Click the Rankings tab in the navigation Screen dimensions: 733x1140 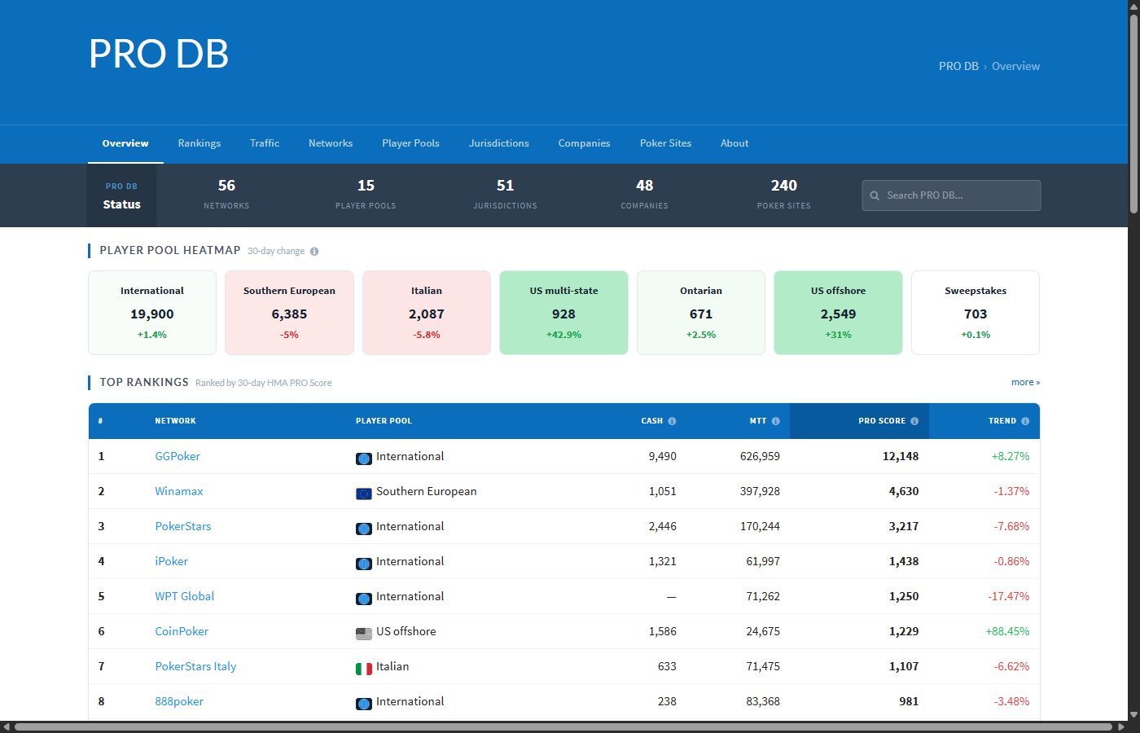199,143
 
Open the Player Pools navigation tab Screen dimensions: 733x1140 410,143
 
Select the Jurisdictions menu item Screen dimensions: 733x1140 498,143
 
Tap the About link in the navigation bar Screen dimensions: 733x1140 734,143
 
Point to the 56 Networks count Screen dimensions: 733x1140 226,187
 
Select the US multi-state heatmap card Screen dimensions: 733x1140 563,313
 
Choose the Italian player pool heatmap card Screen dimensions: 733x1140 426,313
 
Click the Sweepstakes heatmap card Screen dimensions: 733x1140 975,313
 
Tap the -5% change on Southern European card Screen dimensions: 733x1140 289,335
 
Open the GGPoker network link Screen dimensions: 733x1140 178,456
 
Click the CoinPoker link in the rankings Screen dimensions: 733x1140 182,631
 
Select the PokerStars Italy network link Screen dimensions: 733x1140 195,666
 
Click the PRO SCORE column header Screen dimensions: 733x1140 881,421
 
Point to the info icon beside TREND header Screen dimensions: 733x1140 1025,421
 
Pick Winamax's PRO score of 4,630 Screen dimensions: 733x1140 903,491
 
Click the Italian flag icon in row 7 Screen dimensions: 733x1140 364,668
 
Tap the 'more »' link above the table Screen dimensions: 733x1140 1025,382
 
